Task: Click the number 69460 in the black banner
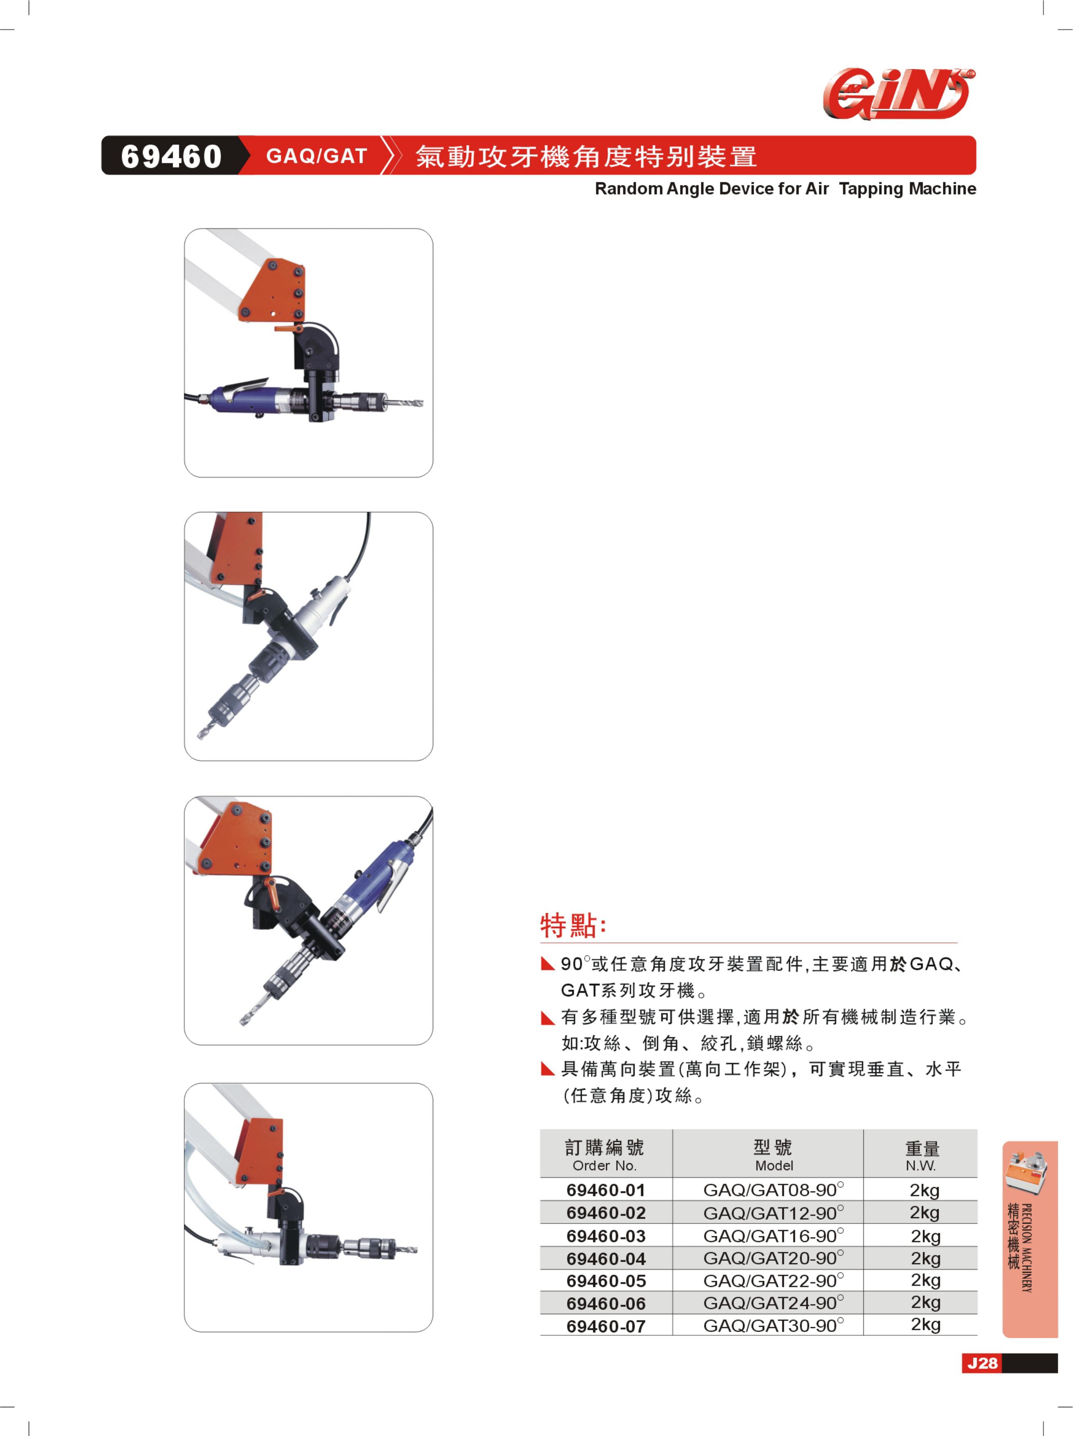[172, 156]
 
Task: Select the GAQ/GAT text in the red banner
[317, 156]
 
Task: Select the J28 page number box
[982, 1363]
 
